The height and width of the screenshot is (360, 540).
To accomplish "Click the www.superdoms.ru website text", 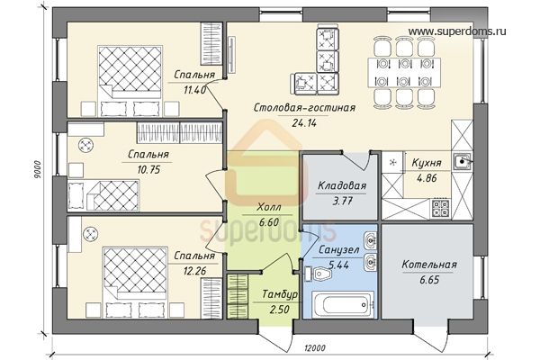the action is [457, 31].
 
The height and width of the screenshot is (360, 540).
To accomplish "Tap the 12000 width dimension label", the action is [315, 348].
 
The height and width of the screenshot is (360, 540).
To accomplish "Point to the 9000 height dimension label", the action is [38, 169].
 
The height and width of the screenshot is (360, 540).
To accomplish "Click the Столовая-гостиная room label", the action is [304, 108].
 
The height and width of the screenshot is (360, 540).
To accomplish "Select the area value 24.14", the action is [304, 123].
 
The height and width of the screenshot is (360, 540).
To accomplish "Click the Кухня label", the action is [427, 163].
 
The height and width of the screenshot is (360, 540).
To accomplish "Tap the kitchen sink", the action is [462, 161].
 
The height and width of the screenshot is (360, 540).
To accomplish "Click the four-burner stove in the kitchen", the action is [440, 208].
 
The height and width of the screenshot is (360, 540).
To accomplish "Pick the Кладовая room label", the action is [342, 186].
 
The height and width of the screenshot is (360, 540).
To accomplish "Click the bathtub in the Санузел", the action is [342, 304].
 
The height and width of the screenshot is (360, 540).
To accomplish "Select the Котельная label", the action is [429, 265].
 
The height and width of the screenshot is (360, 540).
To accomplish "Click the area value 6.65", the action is [429, 280].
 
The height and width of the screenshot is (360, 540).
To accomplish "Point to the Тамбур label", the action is [280, 294].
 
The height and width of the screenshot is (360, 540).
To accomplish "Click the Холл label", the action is [269, 207].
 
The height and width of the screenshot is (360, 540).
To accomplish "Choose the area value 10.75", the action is [148, 169].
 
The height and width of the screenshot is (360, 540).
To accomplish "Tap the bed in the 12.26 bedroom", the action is [135, 282].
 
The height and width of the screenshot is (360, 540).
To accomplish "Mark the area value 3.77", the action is [342, 201].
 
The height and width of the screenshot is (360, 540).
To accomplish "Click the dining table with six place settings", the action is [403, 73].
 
